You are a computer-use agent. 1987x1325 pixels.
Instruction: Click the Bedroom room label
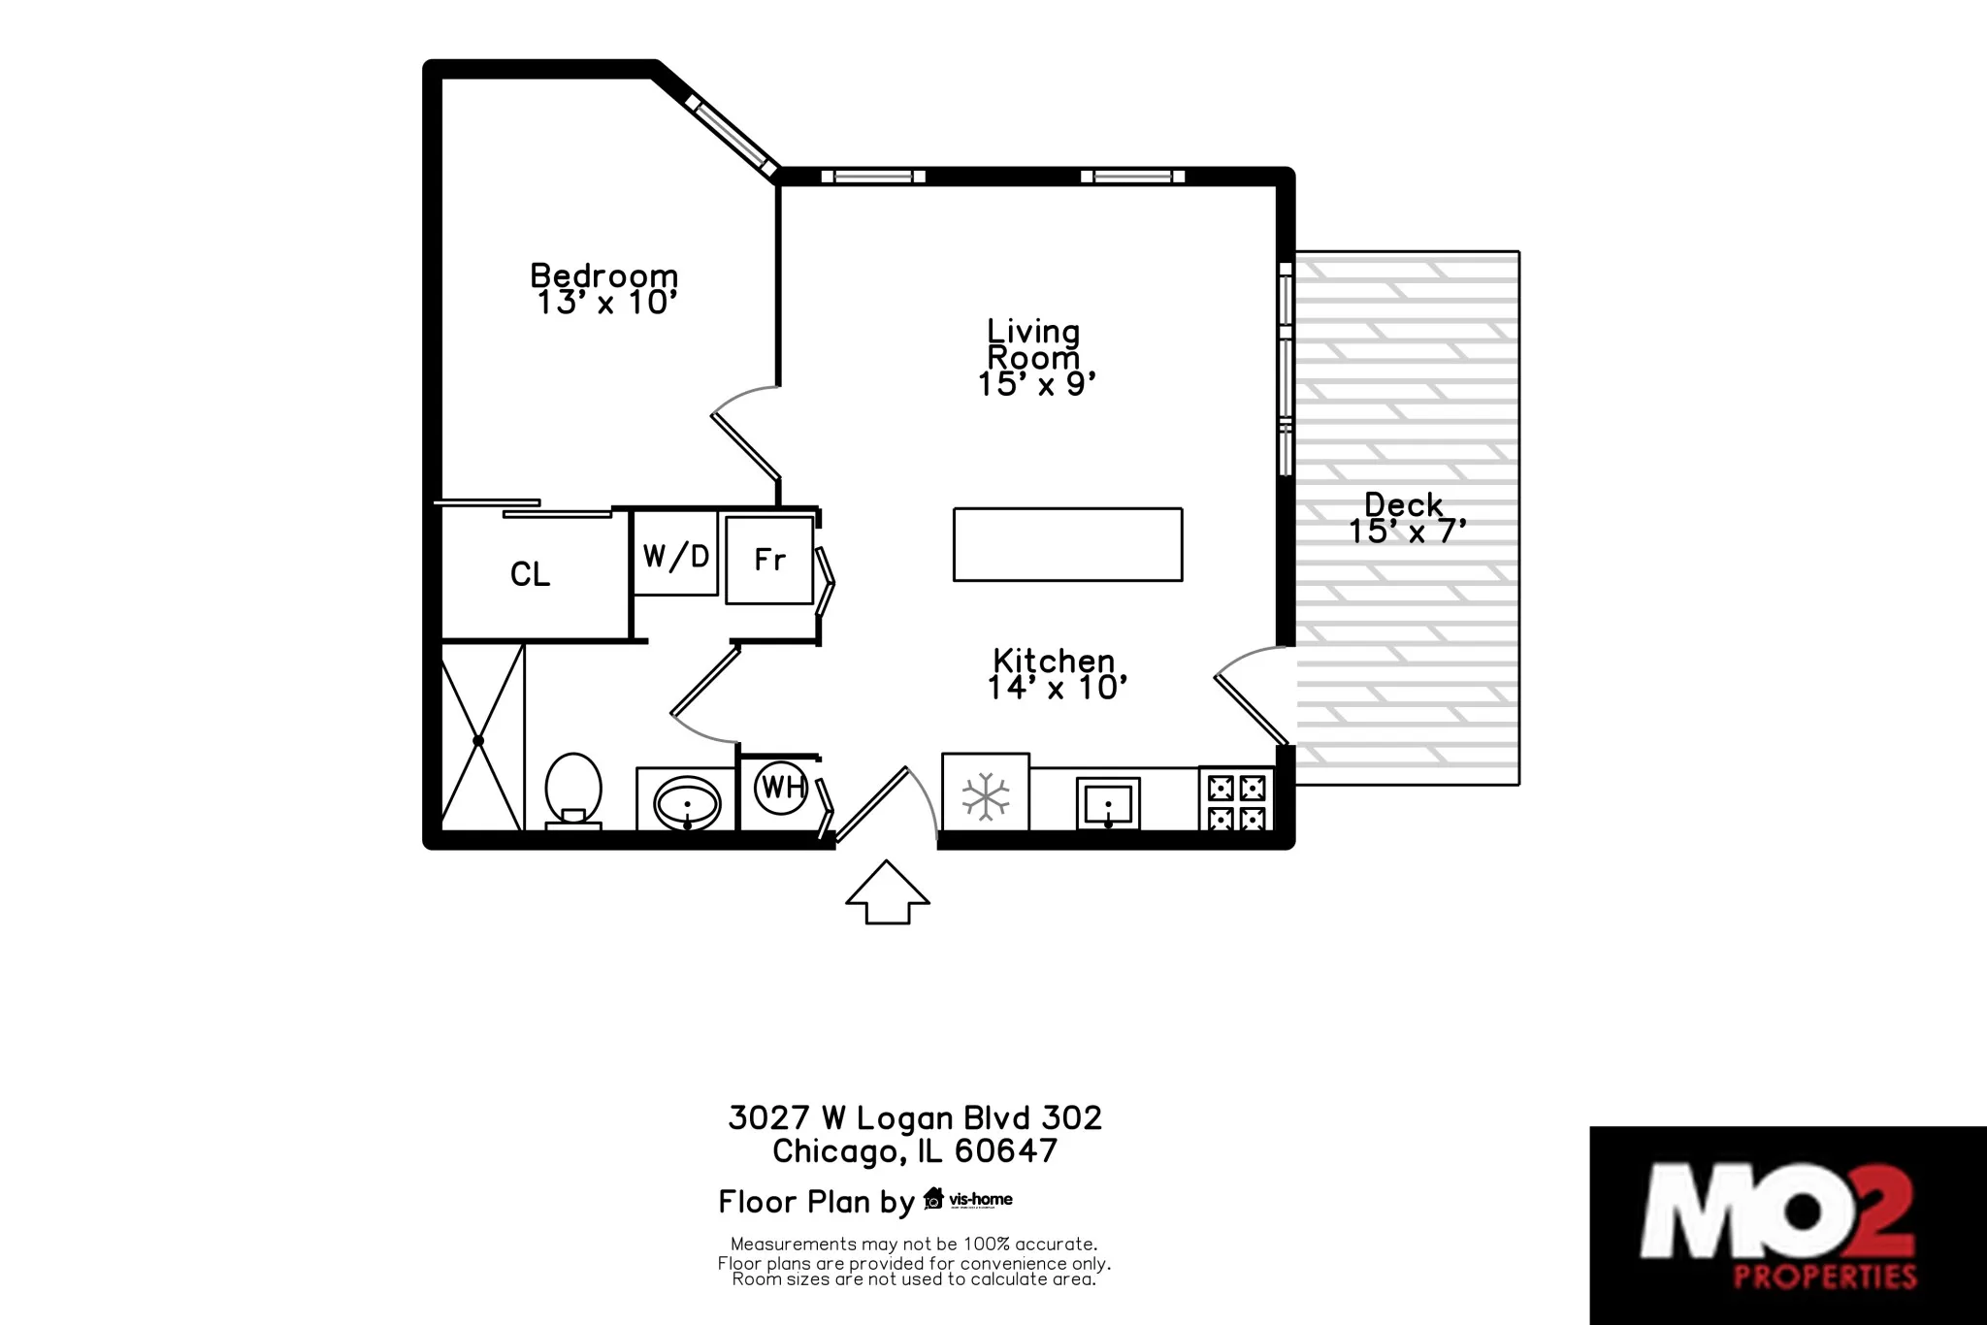[x=603, y=275]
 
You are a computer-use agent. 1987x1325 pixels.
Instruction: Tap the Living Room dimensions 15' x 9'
[x=1036, y=385]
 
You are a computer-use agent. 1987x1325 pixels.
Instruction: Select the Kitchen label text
[x=1054, y=661]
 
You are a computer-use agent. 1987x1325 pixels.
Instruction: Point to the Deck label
[x=1403, y=504]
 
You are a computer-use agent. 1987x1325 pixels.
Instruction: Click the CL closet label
[x=530, y=574]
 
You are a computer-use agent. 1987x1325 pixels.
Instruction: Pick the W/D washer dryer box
[x=675, y=555]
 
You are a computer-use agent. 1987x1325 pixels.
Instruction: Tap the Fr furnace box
[x=769, y=560]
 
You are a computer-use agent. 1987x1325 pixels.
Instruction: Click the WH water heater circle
[x=782, y=787]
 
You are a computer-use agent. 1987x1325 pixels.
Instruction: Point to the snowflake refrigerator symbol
[x=986, y=795]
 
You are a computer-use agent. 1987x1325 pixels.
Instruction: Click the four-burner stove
[x=1236, y=801]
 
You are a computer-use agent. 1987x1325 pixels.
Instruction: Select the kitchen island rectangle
[x=1067, y=544]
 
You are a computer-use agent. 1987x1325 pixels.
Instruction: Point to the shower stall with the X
[x=479, y=740]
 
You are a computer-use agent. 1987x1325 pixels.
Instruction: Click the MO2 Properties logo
[x=1787, y=1224]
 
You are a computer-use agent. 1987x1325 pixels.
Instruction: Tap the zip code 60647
[x=1005, y=1151]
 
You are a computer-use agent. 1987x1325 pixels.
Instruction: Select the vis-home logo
[x=968, y=1199]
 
